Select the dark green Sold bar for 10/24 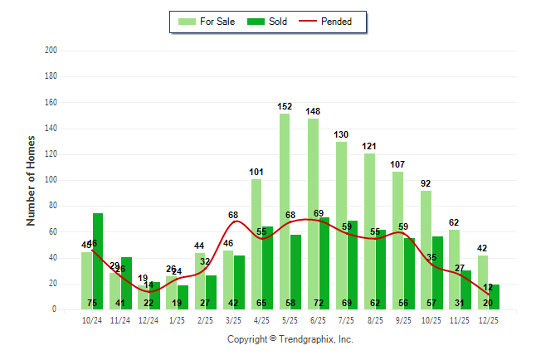98,261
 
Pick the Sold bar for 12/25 494,297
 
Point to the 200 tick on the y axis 51,51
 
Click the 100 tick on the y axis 51,180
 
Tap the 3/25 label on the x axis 233,320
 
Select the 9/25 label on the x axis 403,320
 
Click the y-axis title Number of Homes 31,180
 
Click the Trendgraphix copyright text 290,339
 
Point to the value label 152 285,106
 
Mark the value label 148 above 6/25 313,111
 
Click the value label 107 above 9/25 397,164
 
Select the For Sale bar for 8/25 369,231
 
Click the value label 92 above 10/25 426,183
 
